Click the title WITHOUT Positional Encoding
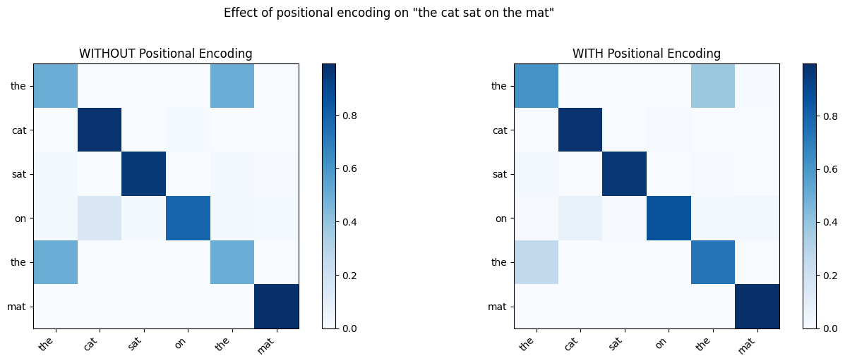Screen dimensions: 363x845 pos(165,54)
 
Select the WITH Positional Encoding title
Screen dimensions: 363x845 pos(646,54)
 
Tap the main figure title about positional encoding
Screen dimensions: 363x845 pos(388,13)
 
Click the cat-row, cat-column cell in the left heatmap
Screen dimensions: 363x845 pos(100,130)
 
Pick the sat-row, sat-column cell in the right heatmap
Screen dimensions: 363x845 pos(624,173)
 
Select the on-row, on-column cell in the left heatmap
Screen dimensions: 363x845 pos(188,218)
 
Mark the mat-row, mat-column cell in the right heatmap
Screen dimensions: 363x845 pos(757,306)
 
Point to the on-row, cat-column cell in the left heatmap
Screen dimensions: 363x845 pos(100,218)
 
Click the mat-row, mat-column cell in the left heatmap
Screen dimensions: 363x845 pos(276,306)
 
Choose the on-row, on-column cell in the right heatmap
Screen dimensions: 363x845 pos(669,218)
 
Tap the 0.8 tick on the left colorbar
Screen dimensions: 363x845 pos(349,116)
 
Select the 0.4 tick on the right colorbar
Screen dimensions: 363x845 pos(831,222)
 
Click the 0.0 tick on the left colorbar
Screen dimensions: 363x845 pos(349,328)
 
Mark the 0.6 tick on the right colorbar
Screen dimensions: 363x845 pos(831,169)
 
